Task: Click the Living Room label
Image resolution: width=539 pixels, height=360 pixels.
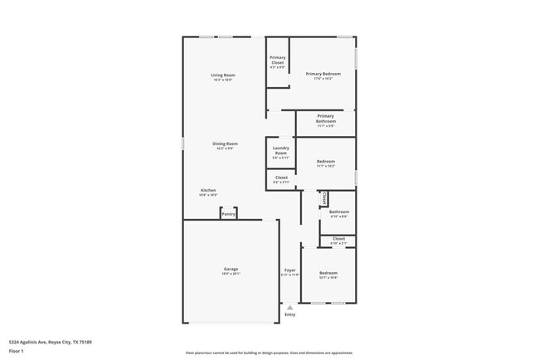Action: [223, 75]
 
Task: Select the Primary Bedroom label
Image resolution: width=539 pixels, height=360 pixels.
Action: [323, 74]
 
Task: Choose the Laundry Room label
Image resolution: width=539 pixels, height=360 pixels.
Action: [280, 150]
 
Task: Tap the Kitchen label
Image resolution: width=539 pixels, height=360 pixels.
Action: [208, 190]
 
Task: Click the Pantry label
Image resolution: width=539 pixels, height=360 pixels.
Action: [229, 214]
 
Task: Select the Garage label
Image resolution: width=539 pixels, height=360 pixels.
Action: [231, 269]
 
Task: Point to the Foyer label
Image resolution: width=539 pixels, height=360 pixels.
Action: [290, 270]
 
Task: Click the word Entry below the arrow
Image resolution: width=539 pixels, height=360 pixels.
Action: [289, 314]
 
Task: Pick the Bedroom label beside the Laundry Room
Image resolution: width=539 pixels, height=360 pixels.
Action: [326, 161]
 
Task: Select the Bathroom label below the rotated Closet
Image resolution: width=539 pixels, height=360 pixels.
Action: [339, 212]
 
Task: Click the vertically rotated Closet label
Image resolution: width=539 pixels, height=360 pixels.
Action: [324, 198]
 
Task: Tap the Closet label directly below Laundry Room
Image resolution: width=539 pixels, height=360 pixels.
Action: [281, 177]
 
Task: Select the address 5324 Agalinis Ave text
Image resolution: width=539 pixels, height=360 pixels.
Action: [50, 342]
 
